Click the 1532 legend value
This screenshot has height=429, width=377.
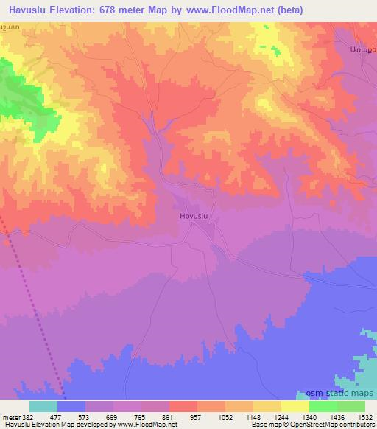pos(366,417)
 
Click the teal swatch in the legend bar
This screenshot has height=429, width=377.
pos(43,406)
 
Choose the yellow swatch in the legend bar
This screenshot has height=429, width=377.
pos(295,406)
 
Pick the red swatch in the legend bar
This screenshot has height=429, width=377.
pos(183,406)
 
